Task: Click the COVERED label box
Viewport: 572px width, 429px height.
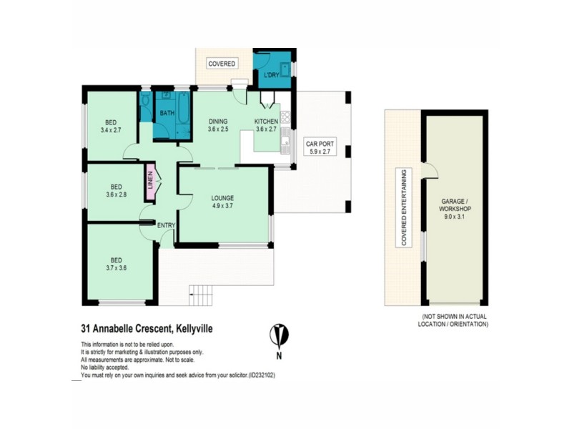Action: coord(222,64)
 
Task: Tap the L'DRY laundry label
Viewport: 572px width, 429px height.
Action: coord(272,76)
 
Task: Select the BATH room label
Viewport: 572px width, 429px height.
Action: coord(167,114)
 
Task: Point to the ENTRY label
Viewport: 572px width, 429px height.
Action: coord(166,225)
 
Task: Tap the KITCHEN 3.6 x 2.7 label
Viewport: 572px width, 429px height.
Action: coord(266,125)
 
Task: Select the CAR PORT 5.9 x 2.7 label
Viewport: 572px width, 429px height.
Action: coord(319,147)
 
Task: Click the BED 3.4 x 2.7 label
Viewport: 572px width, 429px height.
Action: coord(111,126)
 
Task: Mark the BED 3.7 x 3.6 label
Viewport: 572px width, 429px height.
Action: coord(116,265)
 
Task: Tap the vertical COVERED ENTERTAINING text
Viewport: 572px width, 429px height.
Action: coord(404,208)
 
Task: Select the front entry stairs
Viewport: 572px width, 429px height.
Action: coord(202,294)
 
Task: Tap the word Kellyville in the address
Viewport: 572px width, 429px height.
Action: coord(191,329)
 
